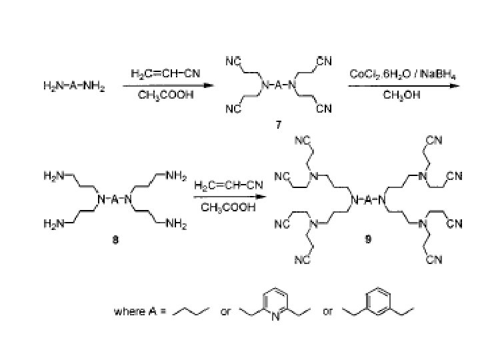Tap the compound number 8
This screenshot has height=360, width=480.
pyautogui.click(x=115, y=241)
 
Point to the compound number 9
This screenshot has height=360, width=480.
pyautogui.click(x=367, y=241)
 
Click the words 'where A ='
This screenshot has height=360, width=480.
pyautogui.click(x=139, y=311)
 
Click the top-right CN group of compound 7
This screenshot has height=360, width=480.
pyautogui.click(x=324, y=62)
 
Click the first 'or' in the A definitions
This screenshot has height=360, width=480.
pyautogui.click(x=225, y=311)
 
